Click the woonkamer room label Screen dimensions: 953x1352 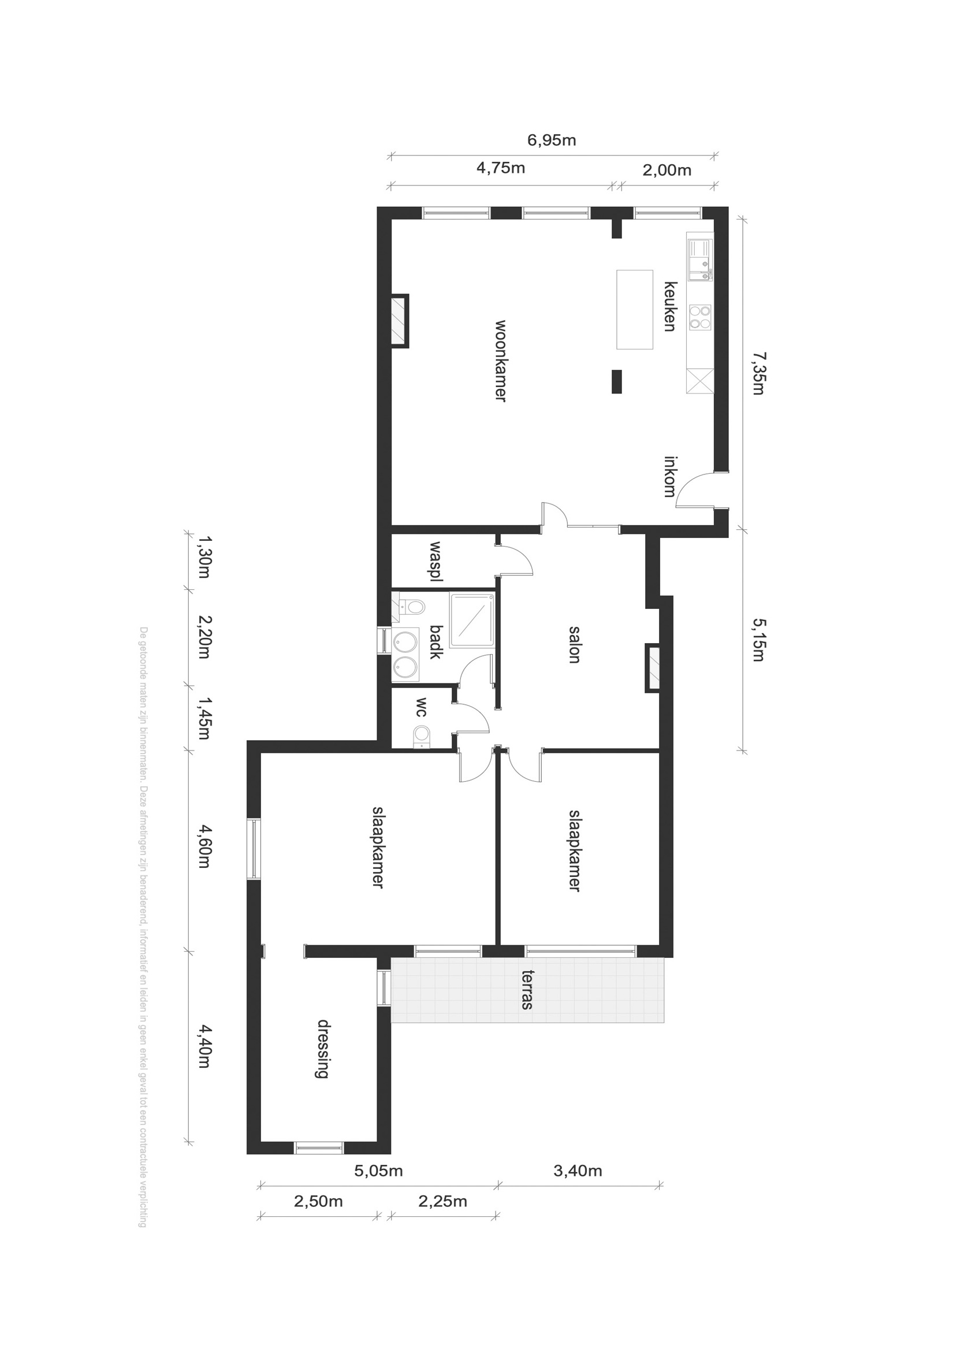[x=500, y=361]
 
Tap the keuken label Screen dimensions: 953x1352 [x=670, y=306]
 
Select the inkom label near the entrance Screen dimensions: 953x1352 [x=669, y=477]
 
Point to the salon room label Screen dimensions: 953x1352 [x=575, y=645]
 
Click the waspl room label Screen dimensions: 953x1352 [x=436, y=561]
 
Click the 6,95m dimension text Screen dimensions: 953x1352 [x=552, y=140]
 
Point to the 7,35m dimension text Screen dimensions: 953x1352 [x=759, y=373]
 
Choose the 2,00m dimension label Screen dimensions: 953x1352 [x=667, y=170]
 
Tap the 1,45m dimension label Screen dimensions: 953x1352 [x=204, y=718]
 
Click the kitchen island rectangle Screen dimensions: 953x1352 [x=635, y=310]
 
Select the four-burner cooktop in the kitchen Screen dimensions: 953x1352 [x=700, y=317]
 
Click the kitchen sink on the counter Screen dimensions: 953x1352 [x=701, y=259]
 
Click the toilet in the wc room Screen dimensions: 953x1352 [x=422, y=736]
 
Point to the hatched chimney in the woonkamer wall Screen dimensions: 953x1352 [x=400, y=320]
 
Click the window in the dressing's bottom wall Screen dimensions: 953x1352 [x=318, y=1147]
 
